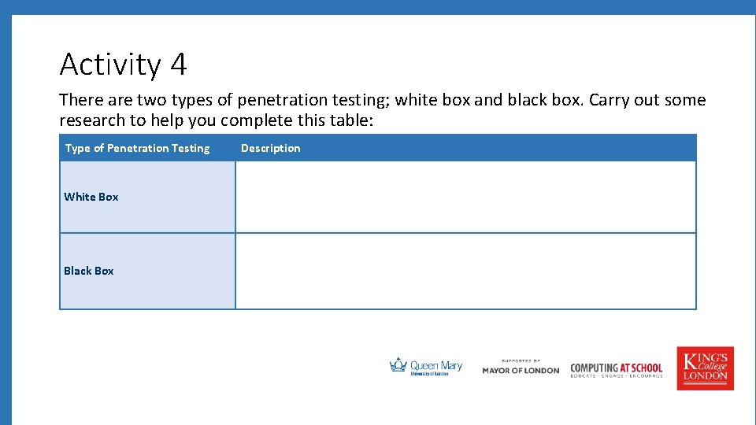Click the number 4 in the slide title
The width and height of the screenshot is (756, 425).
tap(178, 65)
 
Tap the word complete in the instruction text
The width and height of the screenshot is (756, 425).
tap(261, 120)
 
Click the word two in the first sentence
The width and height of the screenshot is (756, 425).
tap(152, 100)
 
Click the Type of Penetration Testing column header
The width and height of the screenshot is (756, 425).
tap(138, 148)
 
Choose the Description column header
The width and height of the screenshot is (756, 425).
tap(271, 148)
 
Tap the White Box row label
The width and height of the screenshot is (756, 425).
tap(91, 197)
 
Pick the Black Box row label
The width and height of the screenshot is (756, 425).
tap(89, 271)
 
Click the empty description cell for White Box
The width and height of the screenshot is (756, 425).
tap(465, 197)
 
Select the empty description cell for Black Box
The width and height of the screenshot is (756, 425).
tap(465, 271)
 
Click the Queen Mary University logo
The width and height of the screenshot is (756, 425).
tap(426, 367)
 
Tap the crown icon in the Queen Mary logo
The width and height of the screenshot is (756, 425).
tap(398, 365)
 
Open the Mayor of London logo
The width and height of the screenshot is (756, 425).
tap(521, 370)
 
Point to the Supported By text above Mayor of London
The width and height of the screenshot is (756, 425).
tap(521, 360)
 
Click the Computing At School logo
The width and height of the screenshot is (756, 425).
tap(617, 368)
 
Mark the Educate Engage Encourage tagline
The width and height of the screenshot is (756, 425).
tap(617, 376)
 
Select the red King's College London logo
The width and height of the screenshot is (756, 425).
tap(705, 368)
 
